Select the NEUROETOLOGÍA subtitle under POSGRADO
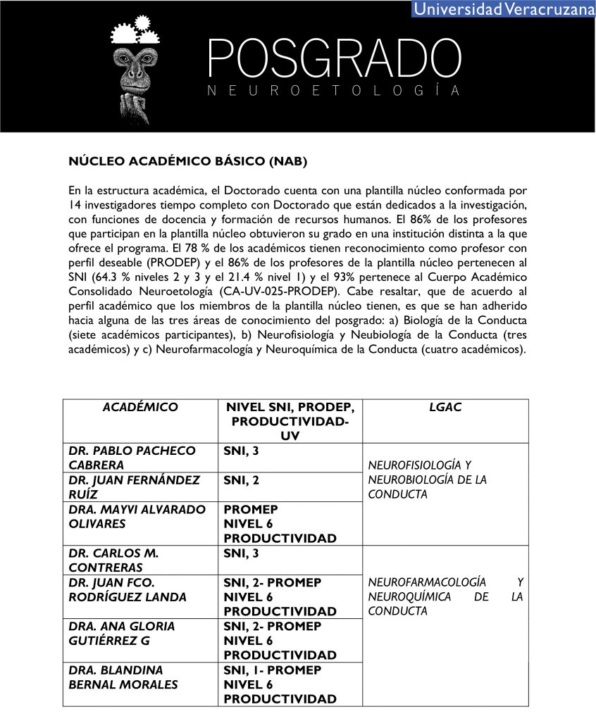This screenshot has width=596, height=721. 334,92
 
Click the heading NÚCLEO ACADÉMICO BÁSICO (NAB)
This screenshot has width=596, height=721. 188,161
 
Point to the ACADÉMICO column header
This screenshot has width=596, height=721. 140,408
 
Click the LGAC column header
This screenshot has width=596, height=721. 445,408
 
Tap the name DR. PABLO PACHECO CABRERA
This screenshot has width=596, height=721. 132,458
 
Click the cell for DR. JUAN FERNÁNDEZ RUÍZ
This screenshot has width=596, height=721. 135,487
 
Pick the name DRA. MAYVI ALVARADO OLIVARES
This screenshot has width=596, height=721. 137,516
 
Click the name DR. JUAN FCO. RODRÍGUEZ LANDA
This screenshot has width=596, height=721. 128,590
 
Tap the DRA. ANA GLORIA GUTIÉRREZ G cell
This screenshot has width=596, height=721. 121,633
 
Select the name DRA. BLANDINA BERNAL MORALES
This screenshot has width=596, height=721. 123,677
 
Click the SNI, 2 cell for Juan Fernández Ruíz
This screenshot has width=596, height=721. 242,480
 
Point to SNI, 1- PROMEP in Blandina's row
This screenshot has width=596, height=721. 272,670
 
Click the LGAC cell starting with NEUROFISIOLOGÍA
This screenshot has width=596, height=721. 427,479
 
